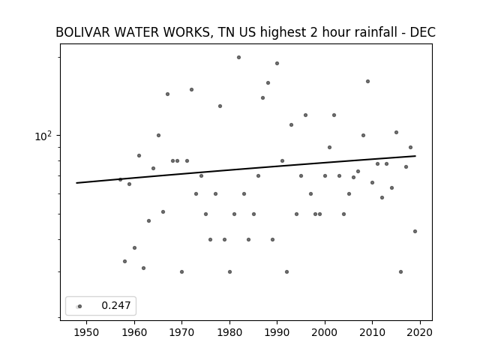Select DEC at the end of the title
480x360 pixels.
(422, 32)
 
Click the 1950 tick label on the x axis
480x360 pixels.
(86, 332)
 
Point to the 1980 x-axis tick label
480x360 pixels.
(229, 332)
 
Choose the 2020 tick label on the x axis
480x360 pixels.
(420, 332)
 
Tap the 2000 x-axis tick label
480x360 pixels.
(325, 332)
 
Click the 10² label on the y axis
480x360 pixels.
(43, 136)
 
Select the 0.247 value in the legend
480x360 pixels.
(116, 305)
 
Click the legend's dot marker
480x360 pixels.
(79, 306)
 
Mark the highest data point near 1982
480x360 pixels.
(238, 57)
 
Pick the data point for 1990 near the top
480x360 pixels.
(277, 63)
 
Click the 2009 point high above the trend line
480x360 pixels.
(367, 82)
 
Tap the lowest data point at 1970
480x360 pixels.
(181, 271)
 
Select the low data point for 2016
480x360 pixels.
(400, 271)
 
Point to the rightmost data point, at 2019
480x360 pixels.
(415, 232)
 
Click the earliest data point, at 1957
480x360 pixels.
(120, 179)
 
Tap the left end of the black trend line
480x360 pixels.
(76, 183)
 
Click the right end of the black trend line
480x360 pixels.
(415, 156)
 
